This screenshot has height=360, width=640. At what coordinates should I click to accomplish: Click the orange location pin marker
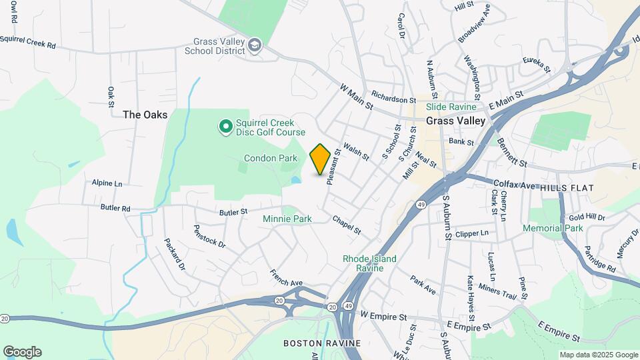[x=321, y=159]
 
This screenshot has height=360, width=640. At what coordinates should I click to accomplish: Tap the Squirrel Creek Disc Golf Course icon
[x=225, y=125]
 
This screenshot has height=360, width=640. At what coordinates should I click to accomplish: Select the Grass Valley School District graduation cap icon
[x=255, y=45]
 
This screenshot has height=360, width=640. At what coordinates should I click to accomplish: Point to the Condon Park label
[x=270, y=159]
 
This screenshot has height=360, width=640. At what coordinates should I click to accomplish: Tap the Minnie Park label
[x=287, y=219]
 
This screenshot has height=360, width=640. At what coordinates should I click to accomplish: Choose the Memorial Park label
[x=553, y=228]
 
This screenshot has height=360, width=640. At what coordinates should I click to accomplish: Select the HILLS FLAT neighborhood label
[x=567, y=189]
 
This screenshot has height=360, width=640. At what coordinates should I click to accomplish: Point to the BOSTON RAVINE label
[x=322, y=343]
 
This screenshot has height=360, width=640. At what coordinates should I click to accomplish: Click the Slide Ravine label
[x=451, y=107]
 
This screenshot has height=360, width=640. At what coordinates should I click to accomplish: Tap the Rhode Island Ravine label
[x=369, y=263]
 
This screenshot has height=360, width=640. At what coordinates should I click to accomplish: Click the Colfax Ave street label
[x=515, y=183]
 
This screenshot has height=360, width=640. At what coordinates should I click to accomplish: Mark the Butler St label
[x=234, y=212]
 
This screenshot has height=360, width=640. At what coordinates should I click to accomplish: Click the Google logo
[x=22, y=352]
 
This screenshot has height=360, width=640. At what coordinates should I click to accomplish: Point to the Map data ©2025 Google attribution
[x=599, y=355]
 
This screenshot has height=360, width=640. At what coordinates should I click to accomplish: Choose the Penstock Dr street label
[x=209, y=236]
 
